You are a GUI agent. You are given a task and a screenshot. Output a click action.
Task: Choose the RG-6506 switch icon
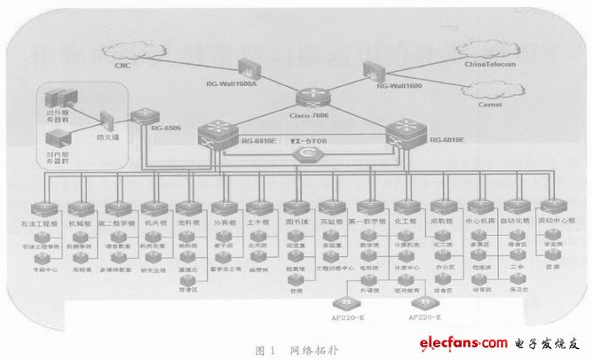pos(145,118)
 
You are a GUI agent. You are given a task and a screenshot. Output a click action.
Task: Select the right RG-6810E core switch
pos(403,131)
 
